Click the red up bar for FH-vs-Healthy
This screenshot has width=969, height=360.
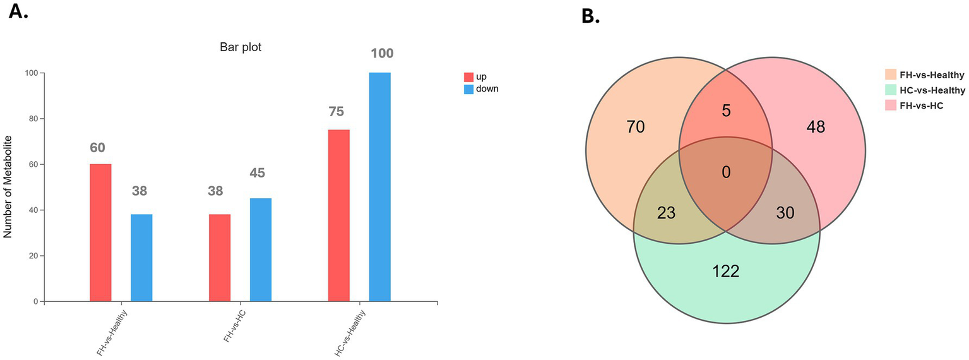(100, 232)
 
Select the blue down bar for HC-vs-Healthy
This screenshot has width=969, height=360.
(379, 187)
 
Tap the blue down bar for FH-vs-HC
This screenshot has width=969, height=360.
(261, 249)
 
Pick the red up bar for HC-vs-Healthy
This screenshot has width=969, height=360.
(339, 215)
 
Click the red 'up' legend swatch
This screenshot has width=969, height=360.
(469, 77)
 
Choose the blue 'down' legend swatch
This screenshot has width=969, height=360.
(469, 89)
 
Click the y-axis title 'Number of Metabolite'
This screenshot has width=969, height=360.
(8, 188)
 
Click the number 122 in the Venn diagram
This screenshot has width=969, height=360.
(725, 272)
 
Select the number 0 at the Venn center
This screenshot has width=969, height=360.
(726, 172)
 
